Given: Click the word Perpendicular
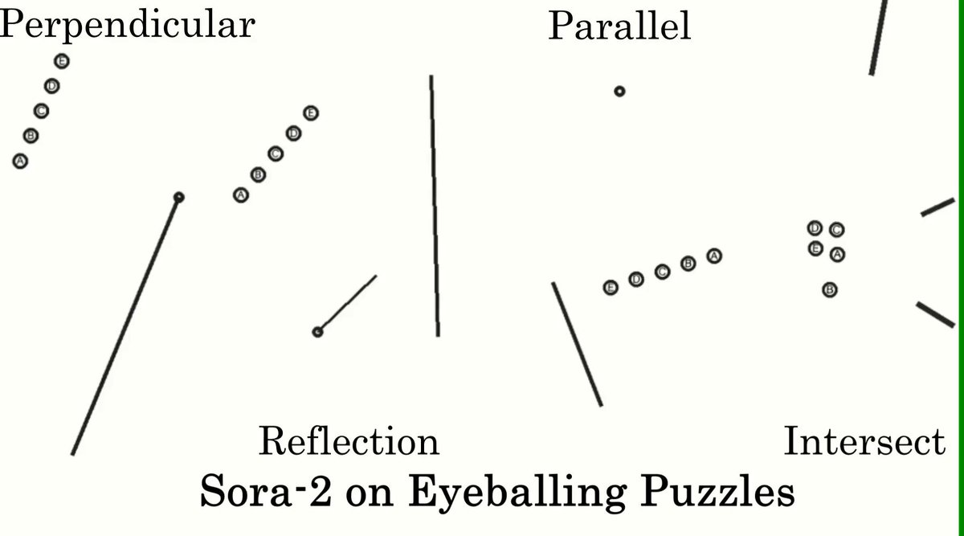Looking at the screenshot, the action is tap(127, 26).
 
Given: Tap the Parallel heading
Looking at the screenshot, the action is tap(619, 26).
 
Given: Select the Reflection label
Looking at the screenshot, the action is tap(349, 441).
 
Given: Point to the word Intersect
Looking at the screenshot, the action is tap(864, 440).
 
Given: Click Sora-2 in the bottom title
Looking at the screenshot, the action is tap(266, 491).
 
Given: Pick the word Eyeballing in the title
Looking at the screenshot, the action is tap(517, 493).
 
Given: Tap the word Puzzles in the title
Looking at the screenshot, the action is tap(717, 491).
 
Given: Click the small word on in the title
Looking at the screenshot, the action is tap(370, 495).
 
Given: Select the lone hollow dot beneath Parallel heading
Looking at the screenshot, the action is tap(619, 92).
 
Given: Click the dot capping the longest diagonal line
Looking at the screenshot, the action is tap(179, 197).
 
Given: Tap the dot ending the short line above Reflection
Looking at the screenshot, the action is tap(317, 332).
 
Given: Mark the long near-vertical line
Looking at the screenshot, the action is tap(435, 206).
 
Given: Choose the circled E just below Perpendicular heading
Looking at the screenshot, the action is tap(62, 61).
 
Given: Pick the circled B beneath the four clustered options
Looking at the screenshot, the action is tap(830, 290).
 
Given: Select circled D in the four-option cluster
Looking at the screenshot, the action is tap(815, 227).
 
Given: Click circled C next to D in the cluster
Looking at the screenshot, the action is tap(836, 230).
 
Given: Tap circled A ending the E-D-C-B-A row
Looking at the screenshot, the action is tap(714, 256).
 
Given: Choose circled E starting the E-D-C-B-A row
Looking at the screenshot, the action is tap(611, 287).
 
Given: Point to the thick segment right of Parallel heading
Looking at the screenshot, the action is tap(878, 38).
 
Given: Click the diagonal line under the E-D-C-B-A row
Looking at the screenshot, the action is tap(577, 344).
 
